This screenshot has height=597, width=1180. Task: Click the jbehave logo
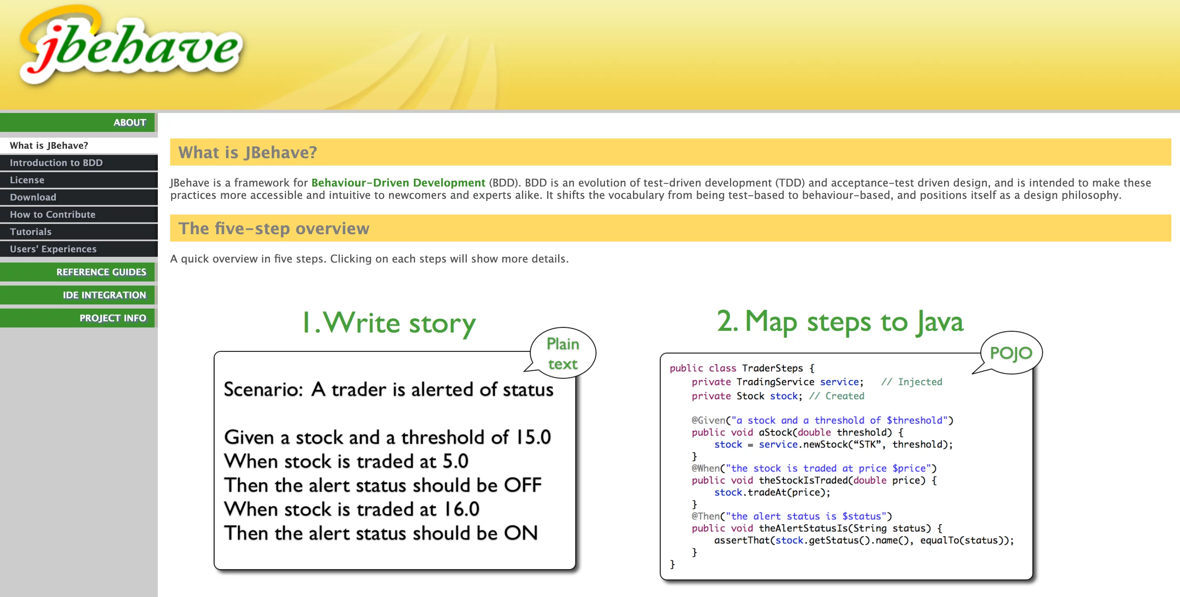(131, 46)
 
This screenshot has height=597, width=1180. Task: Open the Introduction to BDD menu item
(56, 163)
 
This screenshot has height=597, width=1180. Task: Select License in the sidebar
(27, 180)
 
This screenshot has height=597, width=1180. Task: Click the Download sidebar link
(33, 197)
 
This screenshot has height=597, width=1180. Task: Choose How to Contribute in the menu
(53, 214)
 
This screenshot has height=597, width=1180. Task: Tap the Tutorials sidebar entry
(31, 232)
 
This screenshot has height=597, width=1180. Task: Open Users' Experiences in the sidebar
(53, 249)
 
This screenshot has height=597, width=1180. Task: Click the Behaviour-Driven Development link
(398, 183)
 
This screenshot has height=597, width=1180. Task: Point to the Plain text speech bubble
(563, 353)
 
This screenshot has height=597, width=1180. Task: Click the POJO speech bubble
(1011, 353)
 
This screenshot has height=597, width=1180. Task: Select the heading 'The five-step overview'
(274, 228)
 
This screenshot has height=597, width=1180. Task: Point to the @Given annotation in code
(709, 420)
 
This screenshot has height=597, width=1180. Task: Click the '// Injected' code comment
(912, 382)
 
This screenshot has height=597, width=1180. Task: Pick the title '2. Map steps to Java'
(840, 321)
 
